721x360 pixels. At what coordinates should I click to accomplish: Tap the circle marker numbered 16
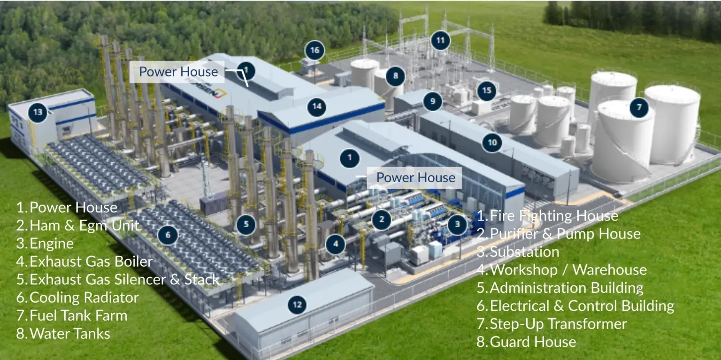coord(314,50)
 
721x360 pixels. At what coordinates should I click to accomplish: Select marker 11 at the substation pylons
coord(440,40)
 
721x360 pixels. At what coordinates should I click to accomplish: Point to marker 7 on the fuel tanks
coord(639,107)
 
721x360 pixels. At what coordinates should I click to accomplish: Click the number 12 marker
coord(297,305)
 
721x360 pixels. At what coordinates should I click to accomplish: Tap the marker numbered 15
coord(487,90)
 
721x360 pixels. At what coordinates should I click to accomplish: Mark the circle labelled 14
coord(317,107)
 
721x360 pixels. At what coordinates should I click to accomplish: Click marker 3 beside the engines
coord(457,225)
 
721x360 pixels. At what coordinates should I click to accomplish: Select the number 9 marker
coord(432,101)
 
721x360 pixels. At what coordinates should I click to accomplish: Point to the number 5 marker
coord(246,224)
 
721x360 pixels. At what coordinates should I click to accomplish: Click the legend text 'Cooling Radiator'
coord(84,298)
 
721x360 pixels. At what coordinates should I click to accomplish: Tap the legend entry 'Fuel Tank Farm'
coord(78,315)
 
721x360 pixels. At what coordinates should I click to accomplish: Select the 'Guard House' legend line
coord(533,342)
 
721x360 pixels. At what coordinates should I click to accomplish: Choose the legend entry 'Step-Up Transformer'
coord(558,324)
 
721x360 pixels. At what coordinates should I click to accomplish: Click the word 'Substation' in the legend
coord(524,252)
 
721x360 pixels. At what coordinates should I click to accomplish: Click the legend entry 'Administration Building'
coord(566,288)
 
